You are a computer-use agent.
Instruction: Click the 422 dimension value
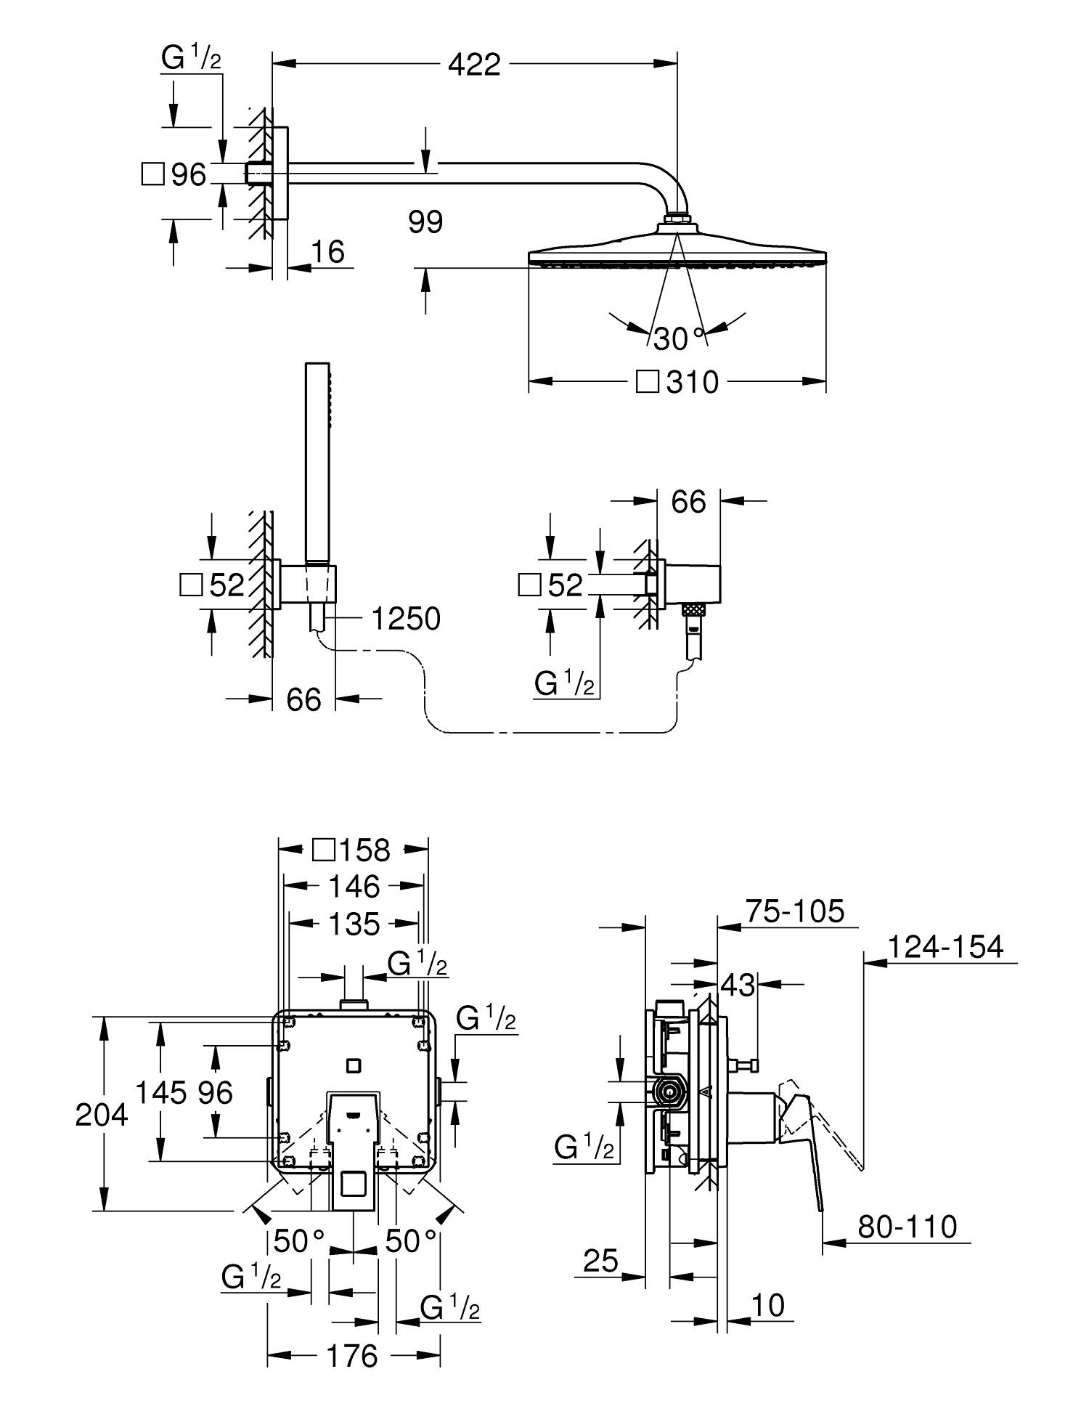(x=474, y=65)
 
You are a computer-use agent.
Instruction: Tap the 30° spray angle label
(x=679, y=338)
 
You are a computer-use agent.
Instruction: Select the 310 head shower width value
(x=692, y=382)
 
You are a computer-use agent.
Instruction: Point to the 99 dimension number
(x=425, y=222)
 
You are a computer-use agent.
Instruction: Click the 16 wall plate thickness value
(x=327, y=251)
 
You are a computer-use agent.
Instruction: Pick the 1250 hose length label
(x=406, y=619)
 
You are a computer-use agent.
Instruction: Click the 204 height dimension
(x=102, y=1115)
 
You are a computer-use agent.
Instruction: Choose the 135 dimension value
(x=354, y=924)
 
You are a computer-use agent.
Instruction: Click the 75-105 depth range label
(x=796, y=911)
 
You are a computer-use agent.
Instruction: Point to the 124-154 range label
(x=945, y=947)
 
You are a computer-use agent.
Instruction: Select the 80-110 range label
(x=907, y=1227)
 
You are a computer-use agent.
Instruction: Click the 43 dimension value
(x=738, y=986)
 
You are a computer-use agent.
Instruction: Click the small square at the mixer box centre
(x=354, y=1065)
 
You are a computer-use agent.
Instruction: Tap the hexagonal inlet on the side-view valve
(x=668, y=1110)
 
